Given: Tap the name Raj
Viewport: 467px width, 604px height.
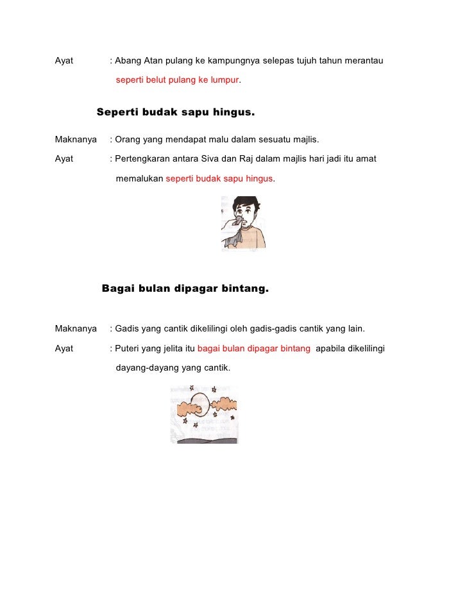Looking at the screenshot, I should (246, 158).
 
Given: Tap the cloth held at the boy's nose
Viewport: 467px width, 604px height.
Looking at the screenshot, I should (239, 222).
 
